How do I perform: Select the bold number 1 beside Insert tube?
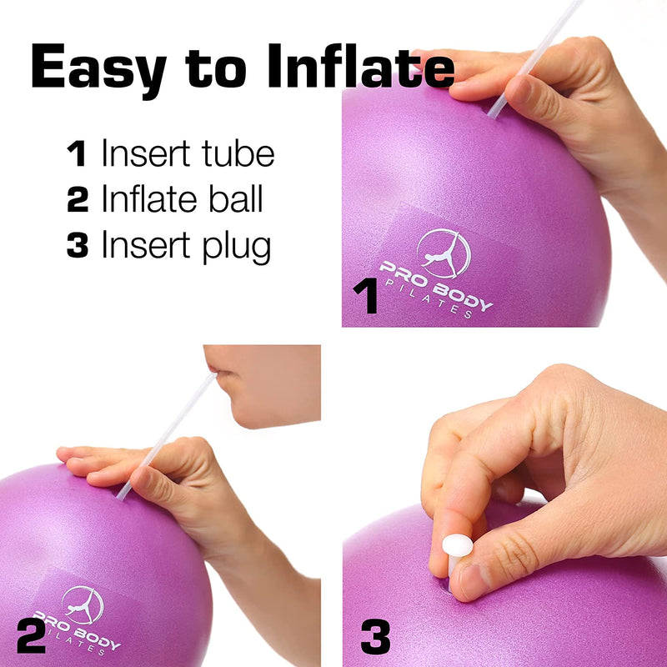click(x=77, y=154)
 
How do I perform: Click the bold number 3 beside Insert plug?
click(x=78, y=247)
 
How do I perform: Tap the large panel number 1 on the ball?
click(x=364, y=297)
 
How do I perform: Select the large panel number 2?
click(x=30, y=635)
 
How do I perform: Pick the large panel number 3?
click(x=375, y=639)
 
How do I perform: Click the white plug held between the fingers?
click(x=457, y=546)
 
